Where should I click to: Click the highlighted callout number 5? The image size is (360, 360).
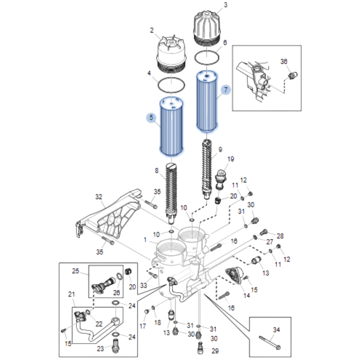point(151,118)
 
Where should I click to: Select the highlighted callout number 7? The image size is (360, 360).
point(226,89)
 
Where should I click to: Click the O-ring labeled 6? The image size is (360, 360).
point(207,57)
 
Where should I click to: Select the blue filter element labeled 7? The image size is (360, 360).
point(207,102)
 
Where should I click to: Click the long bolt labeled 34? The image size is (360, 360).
point(269,342)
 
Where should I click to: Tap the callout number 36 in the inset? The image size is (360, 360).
point(284,61)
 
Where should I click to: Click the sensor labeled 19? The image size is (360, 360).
point(221,179)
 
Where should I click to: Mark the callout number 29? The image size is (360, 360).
point(215,351)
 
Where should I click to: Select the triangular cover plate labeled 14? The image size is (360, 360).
point(236,275)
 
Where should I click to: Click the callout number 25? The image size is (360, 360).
point(76,271)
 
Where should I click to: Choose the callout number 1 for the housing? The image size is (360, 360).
point(145,240)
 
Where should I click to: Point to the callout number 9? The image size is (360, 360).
point(220,150)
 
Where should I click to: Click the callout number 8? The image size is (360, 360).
point(156,171)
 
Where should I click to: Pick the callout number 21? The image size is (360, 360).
point(71,294)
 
